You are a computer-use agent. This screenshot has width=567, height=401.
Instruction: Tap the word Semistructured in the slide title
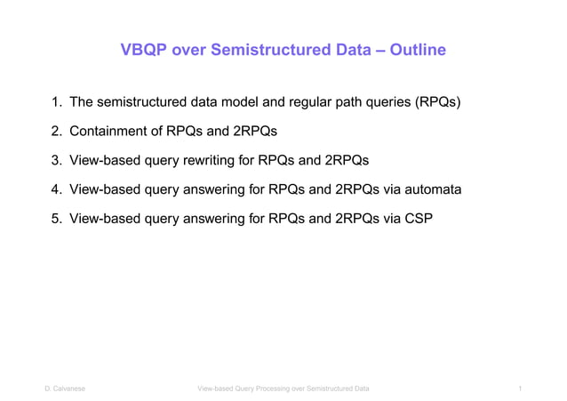(x=275, y=51)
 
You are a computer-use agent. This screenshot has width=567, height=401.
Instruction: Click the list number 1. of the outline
(x=55, y=103)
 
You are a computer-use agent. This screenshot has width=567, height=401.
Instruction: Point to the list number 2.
(x=55, y=132)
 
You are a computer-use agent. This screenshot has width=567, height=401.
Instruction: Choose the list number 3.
(x=55, y=161)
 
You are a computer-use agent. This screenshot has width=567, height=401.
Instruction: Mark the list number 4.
(x=55, y=189)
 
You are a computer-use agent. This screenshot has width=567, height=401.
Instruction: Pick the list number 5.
(x=55, y=218)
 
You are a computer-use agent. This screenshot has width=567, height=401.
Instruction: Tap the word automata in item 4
(x=430, y=189)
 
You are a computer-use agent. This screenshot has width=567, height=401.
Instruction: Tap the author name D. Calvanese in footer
(x=67, y=389)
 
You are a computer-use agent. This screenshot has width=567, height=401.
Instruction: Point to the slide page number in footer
(x=518, y=389)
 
